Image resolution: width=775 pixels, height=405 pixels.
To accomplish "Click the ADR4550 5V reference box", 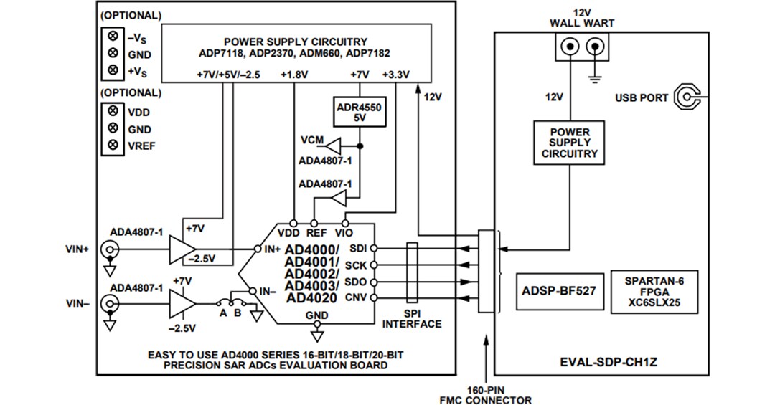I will [360, 112].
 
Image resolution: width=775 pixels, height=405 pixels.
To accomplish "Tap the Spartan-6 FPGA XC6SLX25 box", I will [654, 291].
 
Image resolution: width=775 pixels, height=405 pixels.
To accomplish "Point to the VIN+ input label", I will [77, 249].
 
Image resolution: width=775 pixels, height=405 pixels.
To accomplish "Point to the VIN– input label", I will [77, 304].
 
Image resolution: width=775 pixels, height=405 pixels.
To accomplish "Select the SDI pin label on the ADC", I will [357, 248].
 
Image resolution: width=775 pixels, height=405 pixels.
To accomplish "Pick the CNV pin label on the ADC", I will [356, 297].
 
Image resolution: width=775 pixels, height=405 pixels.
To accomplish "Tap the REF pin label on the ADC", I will [316, 233].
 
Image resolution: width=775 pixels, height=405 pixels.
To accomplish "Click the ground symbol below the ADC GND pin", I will [316, 334].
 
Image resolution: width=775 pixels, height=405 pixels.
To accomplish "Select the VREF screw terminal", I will [112, 146].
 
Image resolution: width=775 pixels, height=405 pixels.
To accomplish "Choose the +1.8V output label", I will [294, 75].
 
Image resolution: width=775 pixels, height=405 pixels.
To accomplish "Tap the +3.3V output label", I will [395, 75].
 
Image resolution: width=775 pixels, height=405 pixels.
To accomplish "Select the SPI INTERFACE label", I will [412, 319].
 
